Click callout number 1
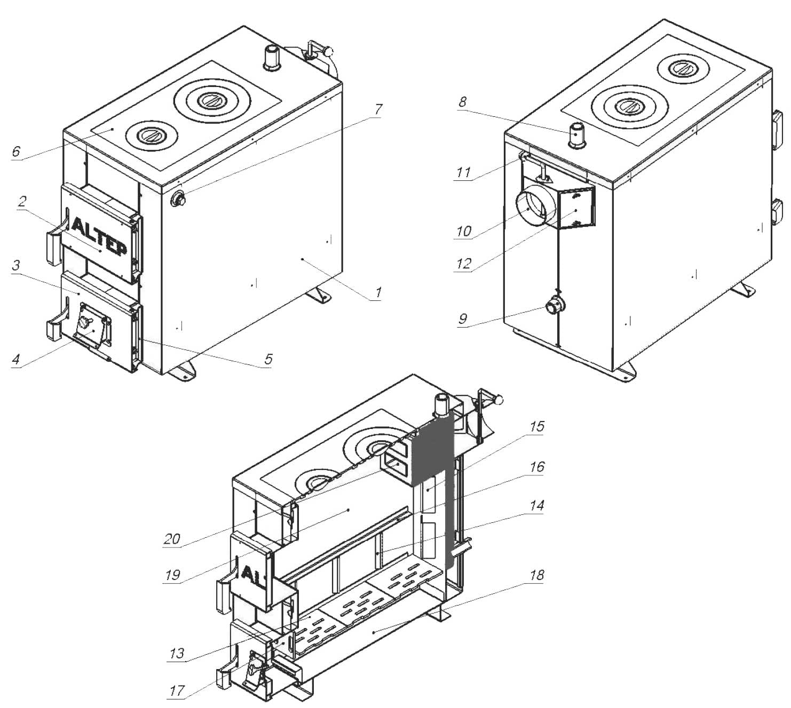[x=377, y=292]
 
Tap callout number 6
[x=15, y=151]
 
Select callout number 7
[x=378, y=109]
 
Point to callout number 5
[x=268, y=359]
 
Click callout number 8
[x=462, y=102]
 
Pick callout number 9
[x=462, y=319]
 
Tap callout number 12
[x=463, y=264]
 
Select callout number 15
[x=537, y=426]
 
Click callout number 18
[x=537, y=575]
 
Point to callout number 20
[x=172, y=539]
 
